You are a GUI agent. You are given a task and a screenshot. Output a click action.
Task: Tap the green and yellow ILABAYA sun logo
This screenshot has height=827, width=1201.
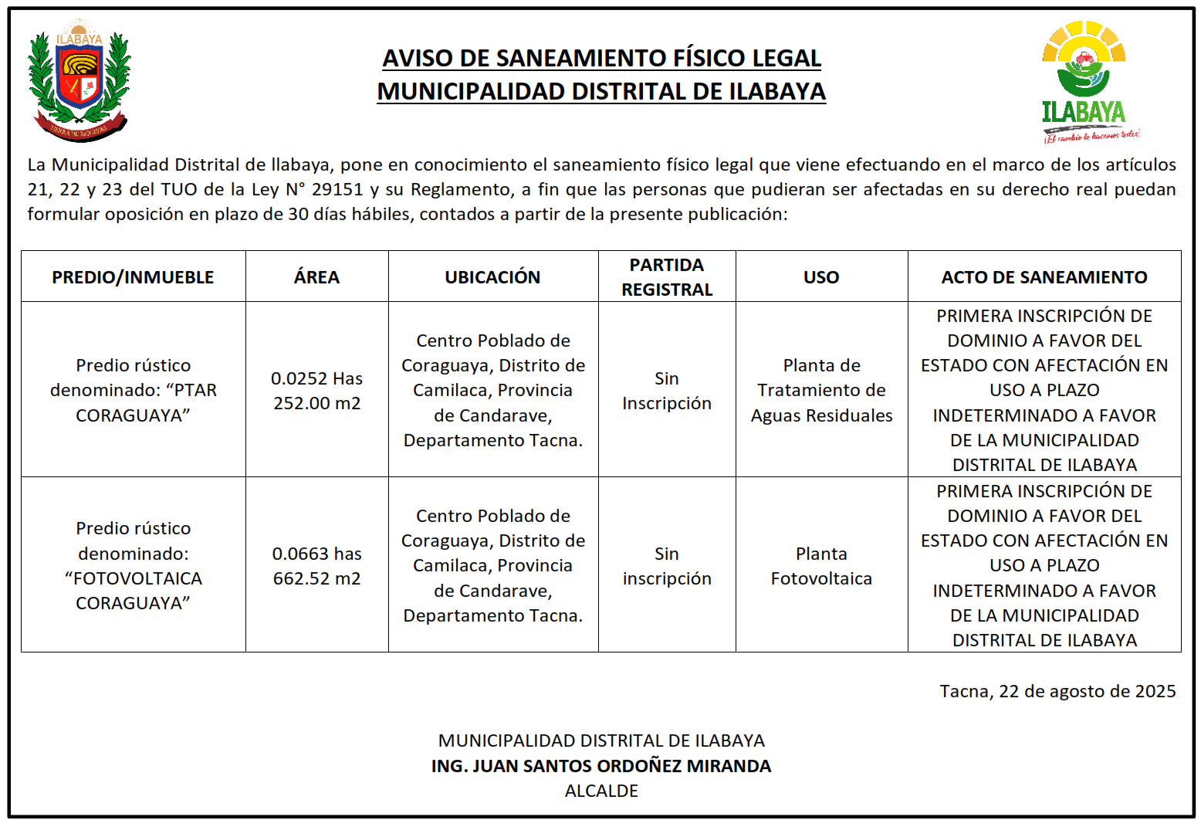1084,81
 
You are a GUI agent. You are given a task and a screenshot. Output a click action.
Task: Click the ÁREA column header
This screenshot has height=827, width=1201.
316,277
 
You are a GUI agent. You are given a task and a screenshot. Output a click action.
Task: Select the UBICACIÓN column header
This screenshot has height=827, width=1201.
492,277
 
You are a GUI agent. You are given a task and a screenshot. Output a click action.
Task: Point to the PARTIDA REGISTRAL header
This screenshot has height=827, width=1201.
667,277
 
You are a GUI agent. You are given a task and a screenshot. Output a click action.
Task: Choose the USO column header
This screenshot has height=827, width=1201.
821,277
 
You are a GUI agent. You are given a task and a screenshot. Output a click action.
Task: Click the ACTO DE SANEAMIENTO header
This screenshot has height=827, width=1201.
1044,277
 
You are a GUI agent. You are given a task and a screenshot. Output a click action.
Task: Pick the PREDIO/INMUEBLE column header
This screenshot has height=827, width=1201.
133,277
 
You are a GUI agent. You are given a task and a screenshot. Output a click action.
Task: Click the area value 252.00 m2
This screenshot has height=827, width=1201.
316,403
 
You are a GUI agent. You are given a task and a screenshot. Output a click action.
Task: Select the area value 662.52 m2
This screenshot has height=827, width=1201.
316,578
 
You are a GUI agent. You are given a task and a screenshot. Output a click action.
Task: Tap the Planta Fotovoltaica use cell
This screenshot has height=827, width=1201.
821,566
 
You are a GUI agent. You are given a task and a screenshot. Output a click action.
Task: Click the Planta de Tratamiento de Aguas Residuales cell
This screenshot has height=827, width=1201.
821,390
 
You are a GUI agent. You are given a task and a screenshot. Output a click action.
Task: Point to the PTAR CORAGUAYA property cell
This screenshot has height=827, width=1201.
133,390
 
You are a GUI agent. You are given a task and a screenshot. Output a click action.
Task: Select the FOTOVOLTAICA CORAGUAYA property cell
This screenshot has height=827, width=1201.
133,566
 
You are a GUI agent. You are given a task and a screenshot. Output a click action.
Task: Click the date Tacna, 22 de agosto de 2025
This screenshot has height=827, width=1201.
1057,691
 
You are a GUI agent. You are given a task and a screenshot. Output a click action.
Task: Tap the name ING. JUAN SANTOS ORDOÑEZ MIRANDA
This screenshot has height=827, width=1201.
601,766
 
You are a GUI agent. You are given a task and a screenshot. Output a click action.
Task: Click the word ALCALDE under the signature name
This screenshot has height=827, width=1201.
601,791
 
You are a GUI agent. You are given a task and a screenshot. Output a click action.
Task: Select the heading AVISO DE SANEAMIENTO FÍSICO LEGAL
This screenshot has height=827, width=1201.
601,58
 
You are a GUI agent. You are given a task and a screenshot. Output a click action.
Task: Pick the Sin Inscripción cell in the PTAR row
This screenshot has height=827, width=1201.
667,390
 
